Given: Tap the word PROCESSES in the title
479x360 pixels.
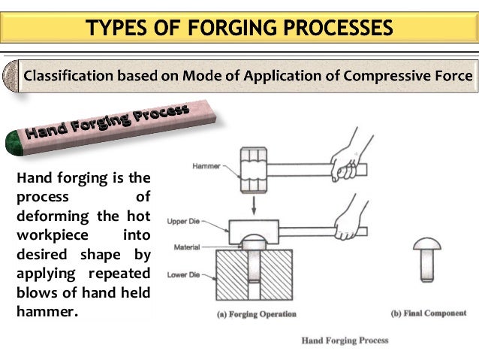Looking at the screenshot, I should point(331,28).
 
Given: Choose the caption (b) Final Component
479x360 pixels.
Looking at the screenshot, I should point(429,313).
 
